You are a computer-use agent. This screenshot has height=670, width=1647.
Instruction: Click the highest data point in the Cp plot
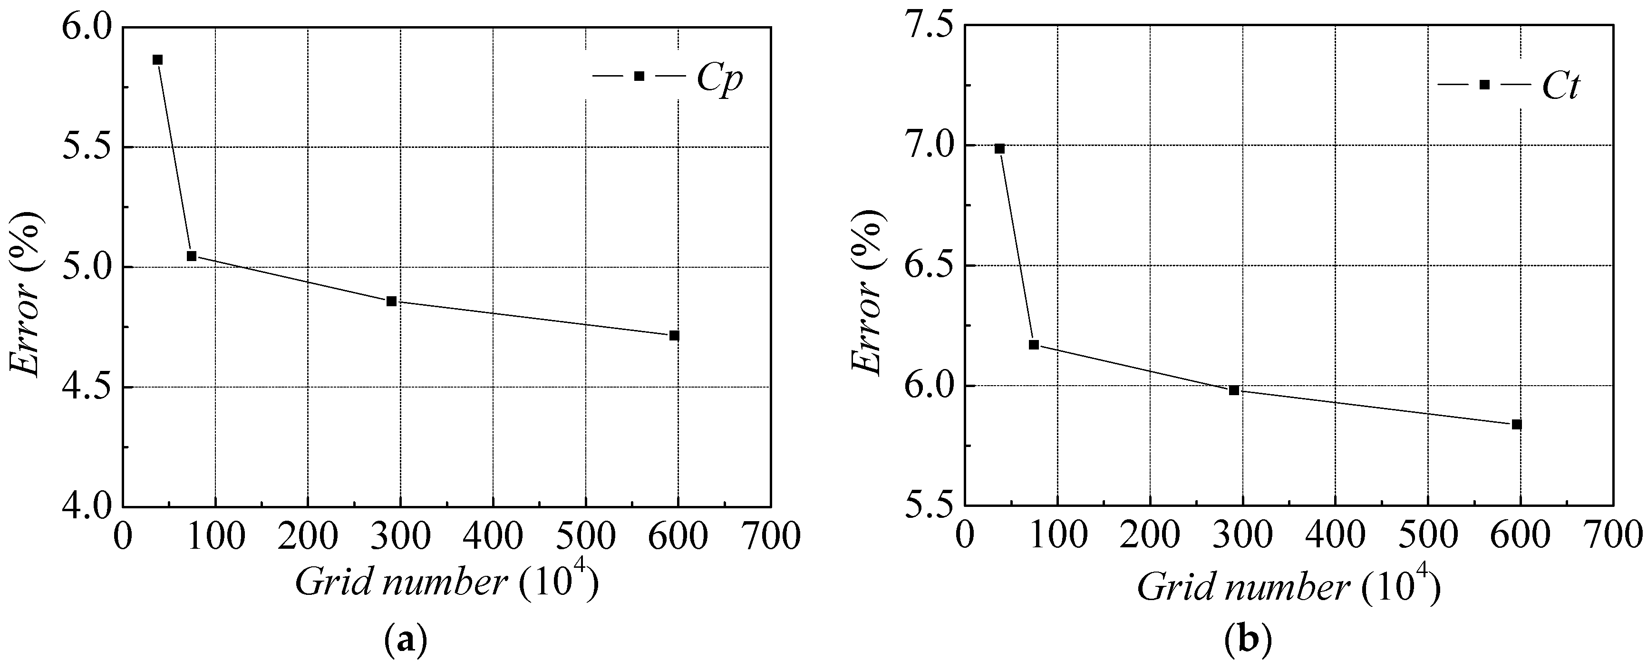(157, 59)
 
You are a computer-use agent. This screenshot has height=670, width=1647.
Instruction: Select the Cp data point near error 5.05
(191, 256)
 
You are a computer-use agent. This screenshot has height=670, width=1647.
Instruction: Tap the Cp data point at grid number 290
(391, 301)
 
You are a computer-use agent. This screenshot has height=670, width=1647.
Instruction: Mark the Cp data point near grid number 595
(674, 336)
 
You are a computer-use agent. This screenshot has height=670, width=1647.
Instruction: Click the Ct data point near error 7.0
(999, 149)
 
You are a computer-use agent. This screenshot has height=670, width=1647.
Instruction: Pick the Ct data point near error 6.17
(1034, 345)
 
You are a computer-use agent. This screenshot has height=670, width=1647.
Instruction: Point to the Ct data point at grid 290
(1234, 390)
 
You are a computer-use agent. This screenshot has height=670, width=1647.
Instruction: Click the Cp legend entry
(668, 77)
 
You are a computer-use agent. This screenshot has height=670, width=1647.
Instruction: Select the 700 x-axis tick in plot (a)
(770, 536)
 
